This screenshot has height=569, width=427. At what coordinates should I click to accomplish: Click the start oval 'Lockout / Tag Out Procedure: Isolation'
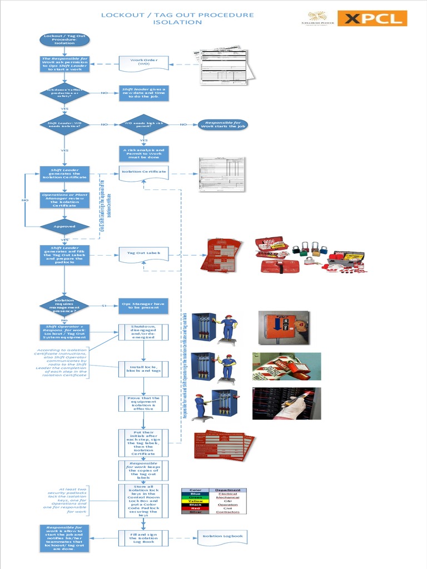click(64, 40)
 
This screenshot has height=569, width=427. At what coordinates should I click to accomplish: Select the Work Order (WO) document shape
click(144, 62)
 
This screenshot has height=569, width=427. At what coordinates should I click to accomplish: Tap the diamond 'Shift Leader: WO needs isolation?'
click(64, 124)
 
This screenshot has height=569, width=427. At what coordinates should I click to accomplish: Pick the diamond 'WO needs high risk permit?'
click(143, 124)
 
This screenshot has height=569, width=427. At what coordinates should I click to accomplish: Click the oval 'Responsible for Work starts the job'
click(222, 124)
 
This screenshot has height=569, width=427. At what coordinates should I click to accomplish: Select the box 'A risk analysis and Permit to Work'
click(143, 153)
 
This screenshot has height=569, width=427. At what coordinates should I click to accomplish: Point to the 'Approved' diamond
click(64, 227)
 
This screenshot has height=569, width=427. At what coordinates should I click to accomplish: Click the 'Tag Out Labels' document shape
click(143, 254)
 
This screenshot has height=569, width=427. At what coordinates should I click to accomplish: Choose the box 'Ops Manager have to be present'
click(143, 306)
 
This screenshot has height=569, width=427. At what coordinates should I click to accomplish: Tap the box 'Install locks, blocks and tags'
click(143, 368)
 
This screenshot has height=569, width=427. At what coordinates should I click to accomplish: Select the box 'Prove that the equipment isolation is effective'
click(143, 403)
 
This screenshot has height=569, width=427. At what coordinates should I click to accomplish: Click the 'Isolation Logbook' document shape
click(222, 537)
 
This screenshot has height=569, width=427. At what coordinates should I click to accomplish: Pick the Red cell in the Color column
click(196, 508)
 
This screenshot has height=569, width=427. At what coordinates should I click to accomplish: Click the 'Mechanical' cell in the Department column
click(228, 497)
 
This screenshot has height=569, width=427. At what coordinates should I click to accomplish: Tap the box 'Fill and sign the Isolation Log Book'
click(143, 538)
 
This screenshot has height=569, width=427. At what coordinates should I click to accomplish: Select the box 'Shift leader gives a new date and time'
click(143, 93)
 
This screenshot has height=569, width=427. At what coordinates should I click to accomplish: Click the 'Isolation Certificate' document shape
click(143, 173)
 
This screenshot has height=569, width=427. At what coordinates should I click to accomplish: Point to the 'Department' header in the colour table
click(228, 490)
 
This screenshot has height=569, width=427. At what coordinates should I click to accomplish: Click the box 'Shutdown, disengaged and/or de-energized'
click(143, 332)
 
